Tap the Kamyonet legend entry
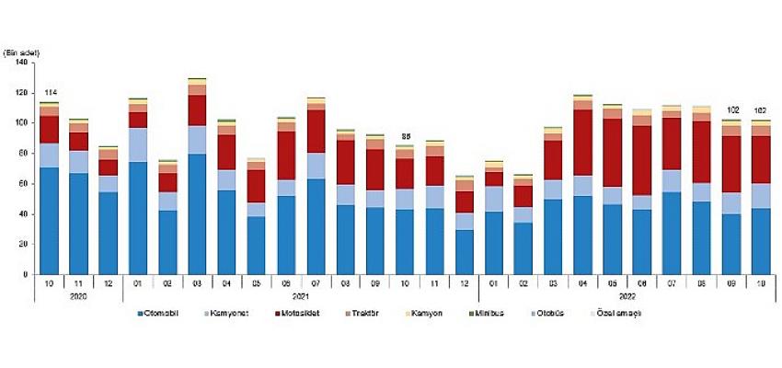click(x=233, y=314)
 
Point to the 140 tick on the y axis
click(x=20, y=62)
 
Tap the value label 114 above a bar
click(x=51, y=93)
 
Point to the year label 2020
click(x=79, y=297)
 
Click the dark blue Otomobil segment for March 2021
click(x=196, y=214)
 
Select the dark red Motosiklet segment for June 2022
click(x=642, y=160)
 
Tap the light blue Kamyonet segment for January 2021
click(x=138, y=144)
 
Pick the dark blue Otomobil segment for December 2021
click(x=466, y=252)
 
